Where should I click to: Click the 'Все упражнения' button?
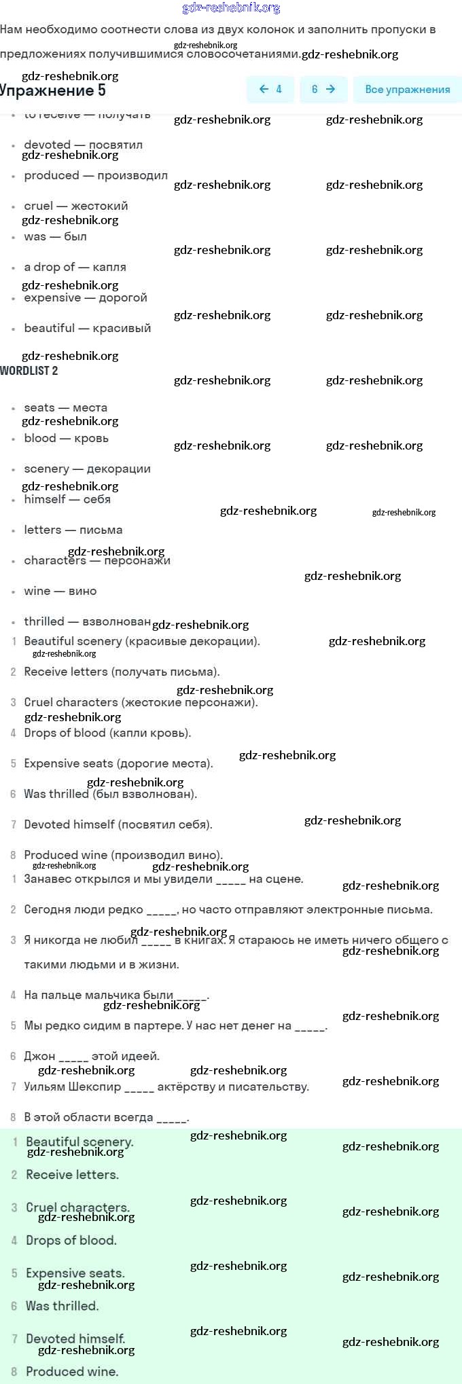pyautogui.click(x=407, y=90)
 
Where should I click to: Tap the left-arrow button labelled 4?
pyautogui.click(x=270, y=90)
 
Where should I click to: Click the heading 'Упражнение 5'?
pyautogui.click(x=53, y=91)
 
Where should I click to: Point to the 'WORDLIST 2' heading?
pyautogui.click(x=29, y=371)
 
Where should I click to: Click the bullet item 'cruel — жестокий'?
pyautogui.click(x=75, y=206)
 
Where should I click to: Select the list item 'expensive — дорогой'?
pyautogui.click(x=85, y=297)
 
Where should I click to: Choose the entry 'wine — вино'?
pyautogui.click(x=60, y=591)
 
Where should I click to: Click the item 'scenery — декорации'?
pyautogui.click(x=87, y=469)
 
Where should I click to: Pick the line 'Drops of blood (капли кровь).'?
pyautogui.click(x=107, y=733)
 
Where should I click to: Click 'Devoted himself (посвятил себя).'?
pyautogui.click(x=118, y=824)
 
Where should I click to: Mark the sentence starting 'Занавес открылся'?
pyautogui.click(x=163, y=879)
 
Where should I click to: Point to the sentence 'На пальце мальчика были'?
pyautogui.click(x=116, y=995)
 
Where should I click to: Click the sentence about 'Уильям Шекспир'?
pyautogui.click(x=166, y=1087)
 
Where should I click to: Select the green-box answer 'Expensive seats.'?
pyautogui.click(x=75, y=1273)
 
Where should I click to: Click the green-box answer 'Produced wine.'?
pyautogui.click(x=72, y=1371)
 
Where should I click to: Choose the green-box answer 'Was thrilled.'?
pyautogui.click(x=62, y=1306)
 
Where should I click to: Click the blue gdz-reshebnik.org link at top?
pyautogui.click(x=231, y=8)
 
